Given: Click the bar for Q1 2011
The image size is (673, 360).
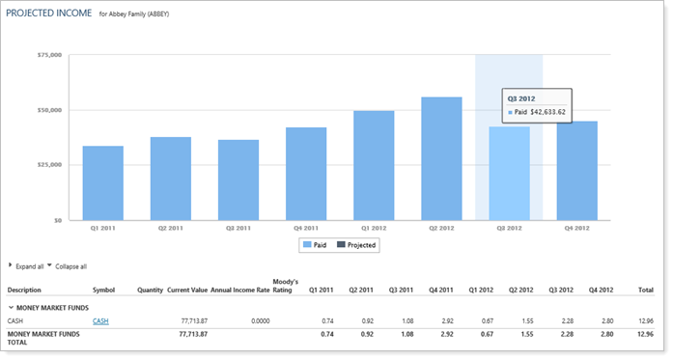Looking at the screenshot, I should tap(102, 182).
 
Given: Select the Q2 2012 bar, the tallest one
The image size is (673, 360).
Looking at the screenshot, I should tap(441, 158).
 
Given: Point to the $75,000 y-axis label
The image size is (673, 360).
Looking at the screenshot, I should tap(49, 55).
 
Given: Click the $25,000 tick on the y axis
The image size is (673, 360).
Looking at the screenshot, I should tap(49, 165).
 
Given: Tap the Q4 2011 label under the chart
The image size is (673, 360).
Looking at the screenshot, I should tap(305, 229).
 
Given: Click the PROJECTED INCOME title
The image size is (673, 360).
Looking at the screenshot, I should tap(49, 14).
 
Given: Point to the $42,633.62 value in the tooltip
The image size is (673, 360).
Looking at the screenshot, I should tap(546, 112).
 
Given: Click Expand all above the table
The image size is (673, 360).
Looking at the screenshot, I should tap(30, 265).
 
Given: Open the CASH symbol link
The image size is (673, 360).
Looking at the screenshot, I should tap(100, 319).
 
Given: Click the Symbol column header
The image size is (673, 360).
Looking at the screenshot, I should tap(103, 289).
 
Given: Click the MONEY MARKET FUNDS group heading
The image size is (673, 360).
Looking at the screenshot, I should tap(58, 305).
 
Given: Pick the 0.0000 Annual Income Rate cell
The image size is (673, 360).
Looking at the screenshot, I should tap(255, 319).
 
